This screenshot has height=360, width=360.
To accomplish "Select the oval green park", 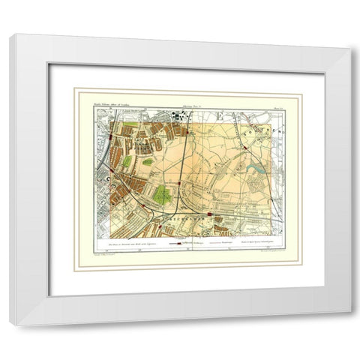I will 148,162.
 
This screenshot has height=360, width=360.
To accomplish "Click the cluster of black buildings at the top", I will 179,117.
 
